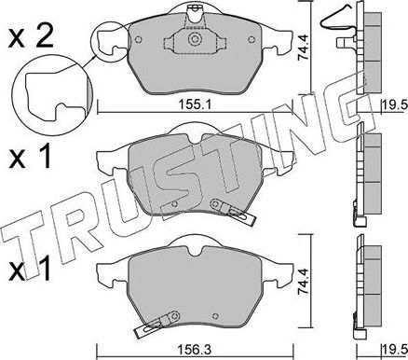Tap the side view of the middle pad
point(369,177)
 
